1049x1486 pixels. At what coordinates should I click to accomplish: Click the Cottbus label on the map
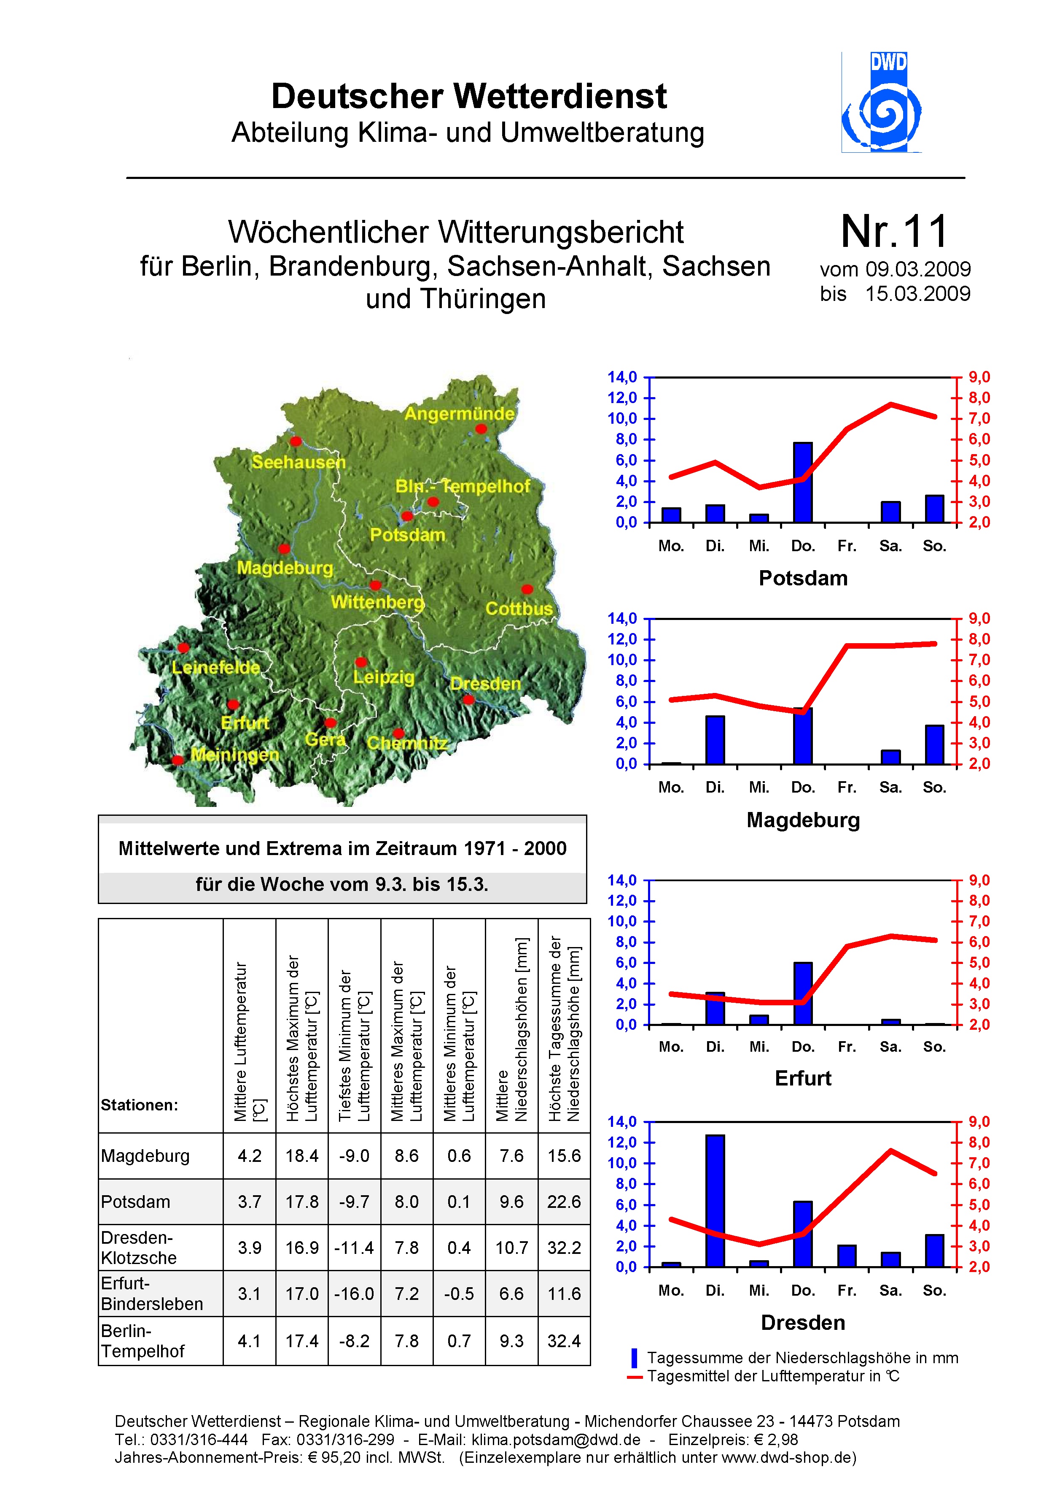click(519, 609)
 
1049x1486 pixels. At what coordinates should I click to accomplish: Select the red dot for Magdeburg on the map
click(284, 548)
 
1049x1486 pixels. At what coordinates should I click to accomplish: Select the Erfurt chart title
click(803, 1078)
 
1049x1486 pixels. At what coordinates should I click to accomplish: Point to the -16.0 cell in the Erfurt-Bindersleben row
click(354, 1294)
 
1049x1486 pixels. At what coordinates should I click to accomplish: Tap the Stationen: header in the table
click(139, 1105)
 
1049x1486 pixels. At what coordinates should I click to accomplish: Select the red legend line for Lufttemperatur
click(635, 1377)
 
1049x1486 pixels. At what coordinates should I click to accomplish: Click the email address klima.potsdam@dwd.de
click(556, 1440)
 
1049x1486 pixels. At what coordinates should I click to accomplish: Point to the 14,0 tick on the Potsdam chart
click(622, 377)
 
